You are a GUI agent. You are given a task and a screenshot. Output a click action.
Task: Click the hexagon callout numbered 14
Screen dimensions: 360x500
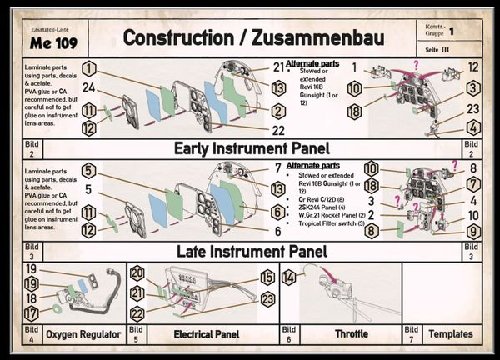click(x=289, y=277)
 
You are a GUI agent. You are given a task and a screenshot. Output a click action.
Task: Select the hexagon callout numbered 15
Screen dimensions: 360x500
click(x=267, y=277)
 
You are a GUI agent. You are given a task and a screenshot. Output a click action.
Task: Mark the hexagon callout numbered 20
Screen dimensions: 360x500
click(x=137, y=273)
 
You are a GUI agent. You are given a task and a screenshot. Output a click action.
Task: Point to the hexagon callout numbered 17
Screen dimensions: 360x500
click(x=31, y=313)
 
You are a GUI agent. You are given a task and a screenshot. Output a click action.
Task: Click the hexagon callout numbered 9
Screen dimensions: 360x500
click(x=472, y=231)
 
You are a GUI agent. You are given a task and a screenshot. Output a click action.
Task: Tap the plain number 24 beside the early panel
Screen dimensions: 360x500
click(x=88, y=88)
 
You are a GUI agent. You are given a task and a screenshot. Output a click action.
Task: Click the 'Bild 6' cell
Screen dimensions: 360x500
click(x=288, y=334)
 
